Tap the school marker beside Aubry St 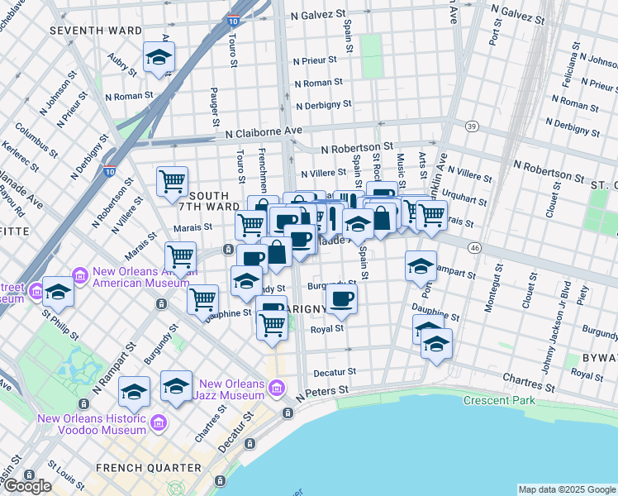click(158, 59)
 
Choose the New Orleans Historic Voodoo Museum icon click(156, 423)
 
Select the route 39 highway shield click(472, 126)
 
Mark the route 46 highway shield click(473, 247)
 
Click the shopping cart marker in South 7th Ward click(172, 181)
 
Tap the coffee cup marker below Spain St click(341, 300)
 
